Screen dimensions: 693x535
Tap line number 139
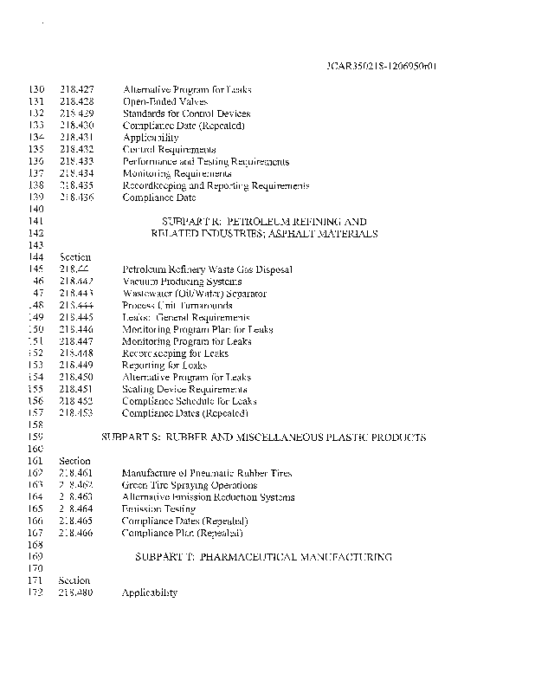36,198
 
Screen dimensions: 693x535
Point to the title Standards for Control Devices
186,113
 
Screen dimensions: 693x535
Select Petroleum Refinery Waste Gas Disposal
207,269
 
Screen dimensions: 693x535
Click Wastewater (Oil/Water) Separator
194,294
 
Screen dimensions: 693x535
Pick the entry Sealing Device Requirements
185,390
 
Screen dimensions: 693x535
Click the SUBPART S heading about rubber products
264,437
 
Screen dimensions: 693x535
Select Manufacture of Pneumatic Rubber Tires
207,474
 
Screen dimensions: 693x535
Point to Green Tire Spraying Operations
184,485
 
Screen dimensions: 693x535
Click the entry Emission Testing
158,509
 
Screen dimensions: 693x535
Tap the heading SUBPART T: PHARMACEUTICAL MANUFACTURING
264,557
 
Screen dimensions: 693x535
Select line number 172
36,593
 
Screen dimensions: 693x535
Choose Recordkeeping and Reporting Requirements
216,185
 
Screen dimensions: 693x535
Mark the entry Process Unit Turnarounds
177,306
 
